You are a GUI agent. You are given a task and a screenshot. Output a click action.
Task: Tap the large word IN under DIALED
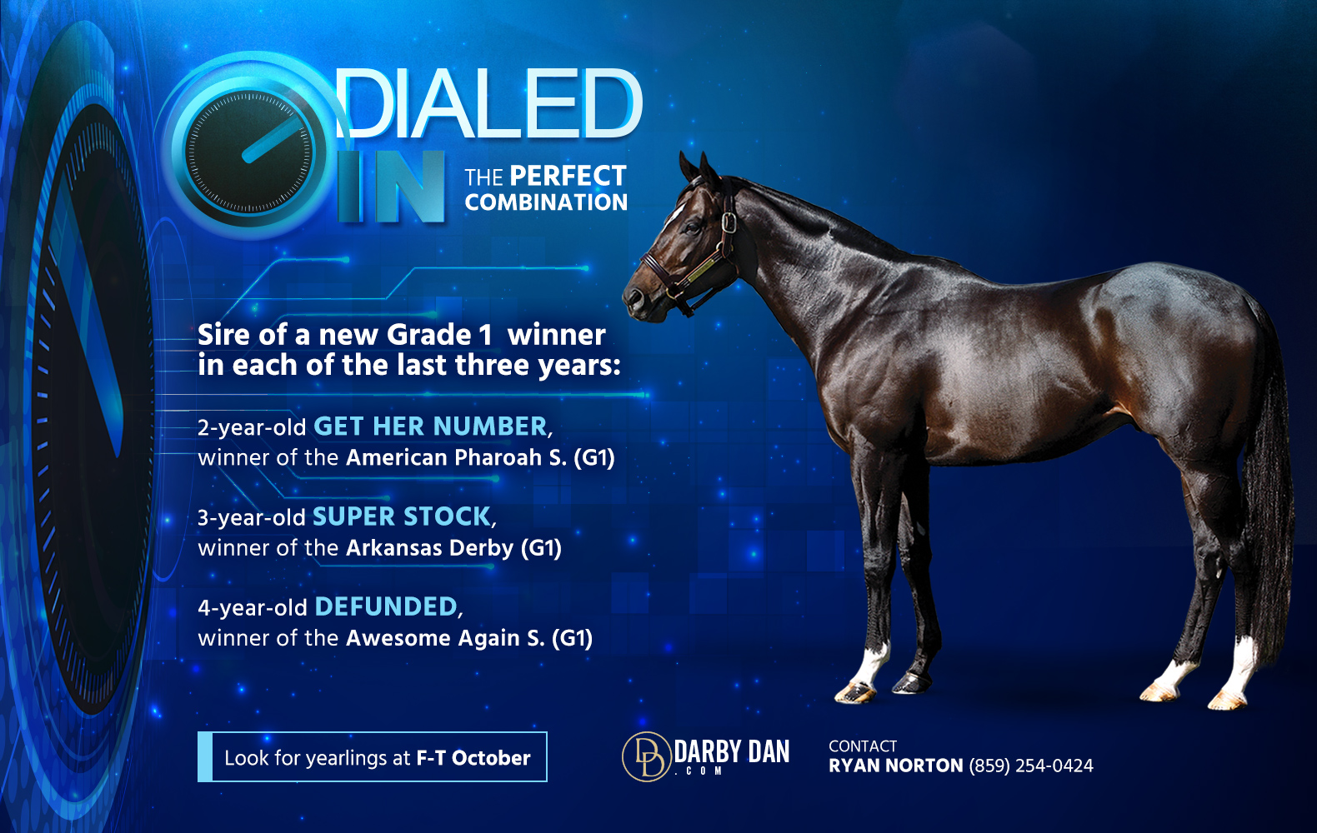click(x=391, y=187)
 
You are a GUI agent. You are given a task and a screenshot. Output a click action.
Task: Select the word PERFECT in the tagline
click(x=568, y=176)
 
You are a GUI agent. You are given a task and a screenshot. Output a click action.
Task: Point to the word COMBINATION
click(x=546, y=202)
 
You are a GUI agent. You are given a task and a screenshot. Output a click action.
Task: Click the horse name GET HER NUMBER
click(x=430, y=426)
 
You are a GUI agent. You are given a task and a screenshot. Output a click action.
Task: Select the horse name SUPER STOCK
click(x=402, y=516)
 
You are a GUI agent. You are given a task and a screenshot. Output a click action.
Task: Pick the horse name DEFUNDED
click(x=386, y=606)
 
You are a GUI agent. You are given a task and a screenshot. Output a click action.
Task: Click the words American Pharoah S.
click(x=456, y=457)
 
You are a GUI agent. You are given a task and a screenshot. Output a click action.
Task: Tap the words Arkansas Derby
click(x=430, y=548)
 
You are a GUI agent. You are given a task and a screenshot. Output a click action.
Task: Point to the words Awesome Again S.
click(x=445, y=638)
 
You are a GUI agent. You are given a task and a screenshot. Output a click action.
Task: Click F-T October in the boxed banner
click(x=473, y=758)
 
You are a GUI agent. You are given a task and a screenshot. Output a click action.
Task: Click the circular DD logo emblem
click(x=646, y=756)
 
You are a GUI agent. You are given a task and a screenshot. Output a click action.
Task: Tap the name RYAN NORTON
click(x=895, y=766)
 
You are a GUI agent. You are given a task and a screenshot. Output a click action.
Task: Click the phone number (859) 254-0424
click(x=1031, y=766)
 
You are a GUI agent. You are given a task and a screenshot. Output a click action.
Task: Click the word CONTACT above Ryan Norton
click(x=863, y=746)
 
